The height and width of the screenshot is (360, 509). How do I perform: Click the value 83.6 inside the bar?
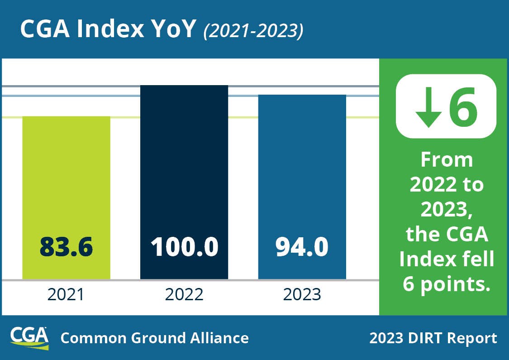66,247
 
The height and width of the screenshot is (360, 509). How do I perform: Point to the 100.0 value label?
184,247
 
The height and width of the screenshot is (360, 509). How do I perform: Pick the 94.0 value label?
302,247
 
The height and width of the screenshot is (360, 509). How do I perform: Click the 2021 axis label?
66,295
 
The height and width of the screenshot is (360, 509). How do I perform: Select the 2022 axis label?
184,295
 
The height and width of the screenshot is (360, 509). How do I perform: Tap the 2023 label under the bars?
302,295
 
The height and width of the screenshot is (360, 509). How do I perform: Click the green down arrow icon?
428,107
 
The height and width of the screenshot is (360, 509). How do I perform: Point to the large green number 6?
462,106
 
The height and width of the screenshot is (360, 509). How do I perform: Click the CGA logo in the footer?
29,337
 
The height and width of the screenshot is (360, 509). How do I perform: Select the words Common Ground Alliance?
154,338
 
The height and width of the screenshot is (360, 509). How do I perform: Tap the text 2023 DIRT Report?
433,338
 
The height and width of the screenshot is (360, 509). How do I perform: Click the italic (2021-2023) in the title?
253,30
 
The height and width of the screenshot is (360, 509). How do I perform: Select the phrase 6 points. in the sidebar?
447,285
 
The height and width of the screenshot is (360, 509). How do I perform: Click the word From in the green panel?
447,160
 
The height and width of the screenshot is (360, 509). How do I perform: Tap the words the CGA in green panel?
447,235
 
